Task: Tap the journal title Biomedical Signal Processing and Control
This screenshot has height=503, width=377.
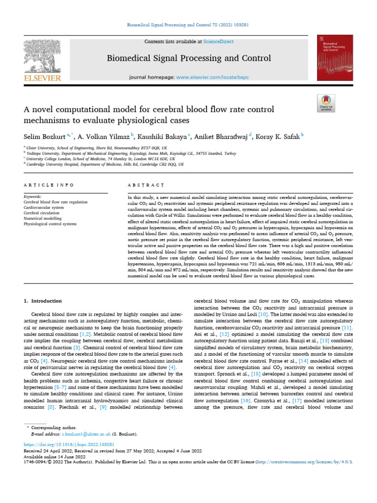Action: pos(189,59)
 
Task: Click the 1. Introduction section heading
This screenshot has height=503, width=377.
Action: pos(43,301)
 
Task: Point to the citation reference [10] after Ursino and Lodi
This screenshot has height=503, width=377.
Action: pos(263,313)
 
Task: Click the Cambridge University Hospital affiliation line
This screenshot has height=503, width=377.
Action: pos(105,165)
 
